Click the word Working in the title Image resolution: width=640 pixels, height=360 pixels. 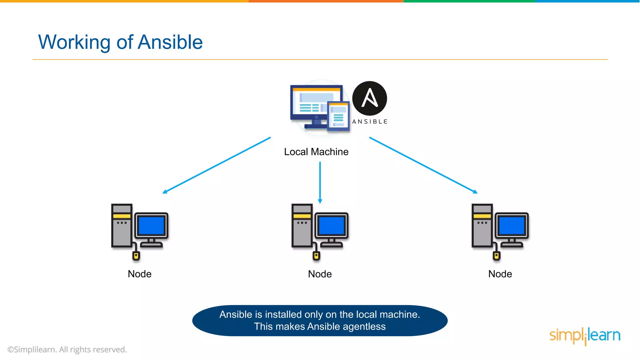(x=74, y=42)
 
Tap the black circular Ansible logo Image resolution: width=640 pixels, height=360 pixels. (x=369, y=98)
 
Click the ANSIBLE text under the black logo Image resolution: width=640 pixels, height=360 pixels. (x=370, y=122)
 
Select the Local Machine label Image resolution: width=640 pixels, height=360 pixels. (x=316, y=152)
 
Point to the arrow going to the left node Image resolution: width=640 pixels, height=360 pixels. (x=217, y=165)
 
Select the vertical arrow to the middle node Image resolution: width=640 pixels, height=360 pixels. (x=320, y=182)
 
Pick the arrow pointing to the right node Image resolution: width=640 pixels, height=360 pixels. (x=423, y=165)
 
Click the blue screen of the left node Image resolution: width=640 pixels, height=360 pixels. (x=151, y=225)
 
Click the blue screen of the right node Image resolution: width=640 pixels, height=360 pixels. (x=512, y=225)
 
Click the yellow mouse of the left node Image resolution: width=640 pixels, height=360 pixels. (x=136, y=256)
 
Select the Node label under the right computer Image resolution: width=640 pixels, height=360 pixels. (x=500, y=274)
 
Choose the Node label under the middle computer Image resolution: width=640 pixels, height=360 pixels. (x=320, y=274)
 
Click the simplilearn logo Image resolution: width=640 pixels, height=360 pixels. (x=585, y=336)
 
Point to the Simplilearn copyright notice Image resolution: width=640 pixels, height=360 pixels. (x=67, y=350)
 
